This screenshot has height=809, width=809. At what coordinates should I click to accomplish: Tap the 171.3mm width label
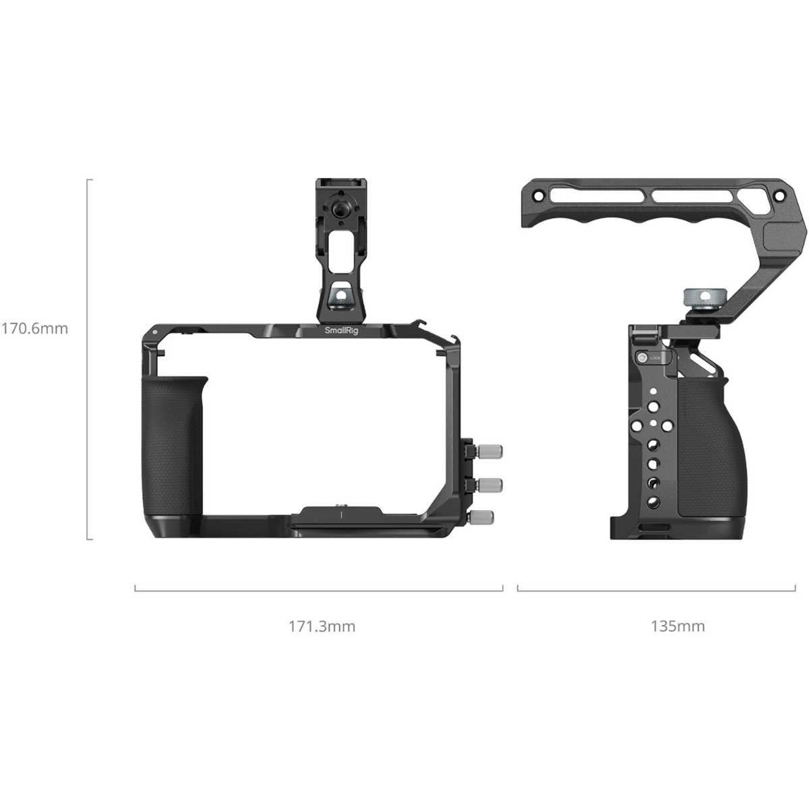[322, 626]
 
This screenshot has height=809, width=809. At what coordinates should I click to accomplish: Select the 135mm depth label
[678, 626]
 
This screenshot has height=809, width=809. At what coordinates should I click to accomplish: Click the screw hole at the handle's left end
[537, 195]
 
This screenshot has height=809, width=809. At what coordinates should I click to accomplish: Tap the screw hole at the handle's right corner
[778, 196]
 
